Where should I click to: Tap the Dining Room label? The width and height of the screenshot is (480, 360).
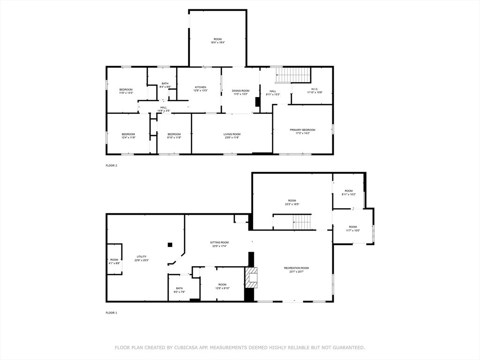[x=240, y=92]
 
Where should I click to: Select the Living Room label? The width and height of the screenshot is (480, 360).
[x=232, y=135]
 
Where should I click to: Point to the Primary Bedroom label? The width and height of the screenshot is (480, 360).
[x=302, y=131]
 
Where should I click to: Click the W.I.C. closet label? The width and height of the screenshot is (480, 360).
[x=314, y=90]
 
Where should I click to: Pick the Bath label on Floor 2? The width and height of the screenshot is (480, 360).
[x=165, y=85]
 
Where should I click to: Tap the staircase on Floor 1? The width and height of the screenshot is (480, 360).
[x=302, y=222]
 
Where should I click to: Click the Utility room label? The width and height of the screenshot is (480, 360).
[x=142, y=258]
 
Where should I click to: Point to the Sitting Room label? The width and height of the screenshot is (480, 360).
[x=219, y=244]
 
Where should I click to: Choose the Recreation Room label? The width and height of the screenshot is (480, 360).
[x=296, y=270]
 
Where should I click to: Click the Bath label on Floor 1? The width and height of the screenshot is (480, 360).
[x=180, y=290]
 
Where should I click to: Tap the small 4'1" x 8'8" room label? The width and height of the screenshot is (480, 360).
[x=114, y=261]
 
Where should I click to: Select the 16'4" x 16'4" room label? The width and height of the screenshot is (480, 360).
[x=217, y=41]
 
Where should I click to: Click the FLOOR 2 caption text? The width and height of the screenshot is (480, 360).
[x=111, y=165]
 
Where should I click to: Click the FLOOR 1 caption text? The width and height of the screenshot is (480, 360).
[x=111, y=312]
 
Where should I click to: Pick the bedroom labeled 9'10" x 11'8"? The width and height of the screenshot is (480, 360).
[x=174, y=135]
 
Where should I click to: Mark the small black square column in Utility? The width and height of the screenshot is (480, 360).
[x=170, y=244]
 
